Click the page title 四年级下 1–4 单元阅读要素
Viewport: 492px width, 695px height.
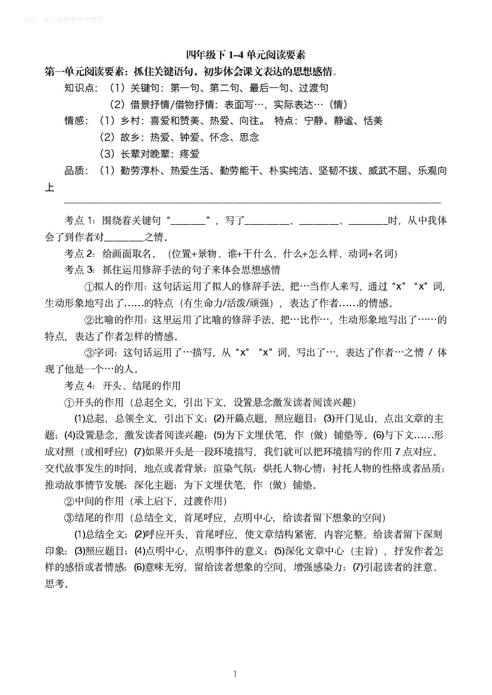pos(245,55)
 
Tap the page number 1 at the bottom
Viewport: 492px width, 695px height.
pos(236,674)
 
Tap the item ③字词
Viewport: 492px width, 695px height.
pos(101,353)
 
